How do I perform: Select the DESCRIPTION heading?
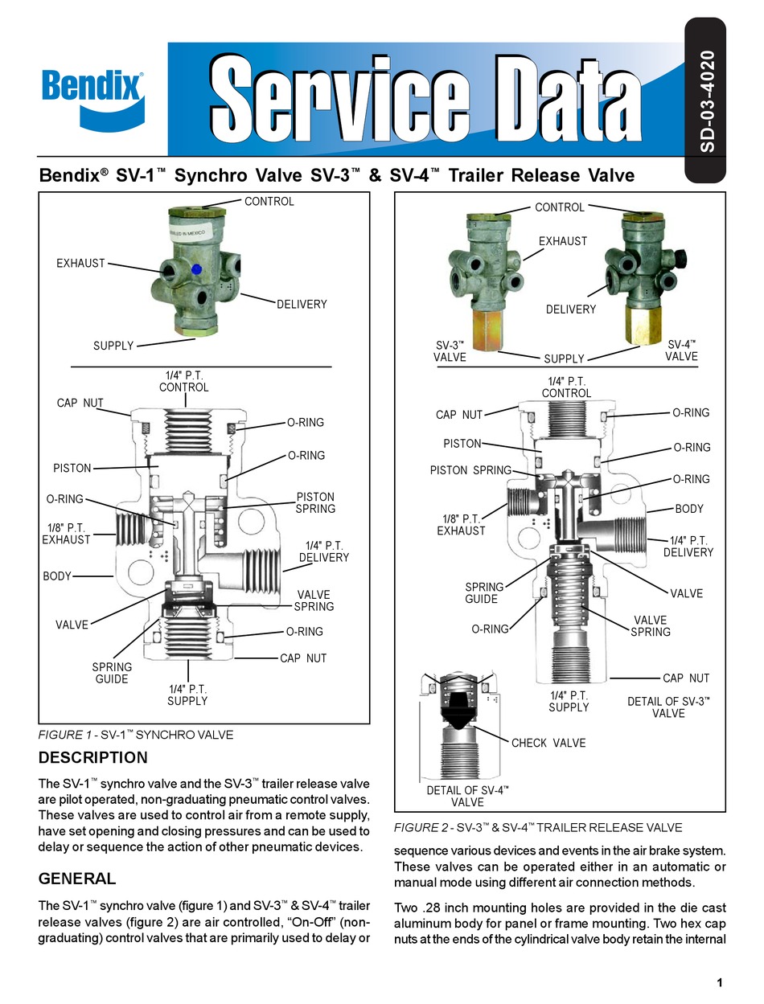click(x=93, y=757)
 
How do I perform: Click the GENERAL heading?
click(x=77, y=879)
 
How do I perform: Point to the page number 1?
click(x=718, y=982)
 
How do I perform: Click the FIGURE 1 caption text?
click(x=136, y=735)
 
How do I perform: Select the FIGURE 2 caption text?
click(x=537, y=827)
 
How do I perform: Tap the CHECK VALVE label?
click(x=548, y=743)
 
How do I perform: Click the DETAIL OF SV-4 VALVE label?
click(x=467, y=796)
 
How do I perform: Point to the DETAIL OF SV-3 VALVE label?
click(x=668, y=707)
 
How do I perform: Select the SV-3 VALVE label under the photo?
click(x=450, y=351)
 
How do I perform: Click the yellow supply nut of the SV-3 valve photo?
click(x=485, y=330)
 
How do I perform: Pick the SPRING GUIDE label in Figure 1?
click(x=112, y=673)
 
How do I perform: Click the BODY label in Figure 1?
click(x=57, y=576)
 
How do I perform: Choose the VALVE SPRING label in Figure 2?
click(x=650, y=625)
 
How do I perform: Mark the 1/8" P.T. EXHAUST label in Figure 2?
click(x=461, y=524)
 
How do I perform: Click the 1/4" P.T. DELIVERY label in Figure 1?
click(x=323, y=551)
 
